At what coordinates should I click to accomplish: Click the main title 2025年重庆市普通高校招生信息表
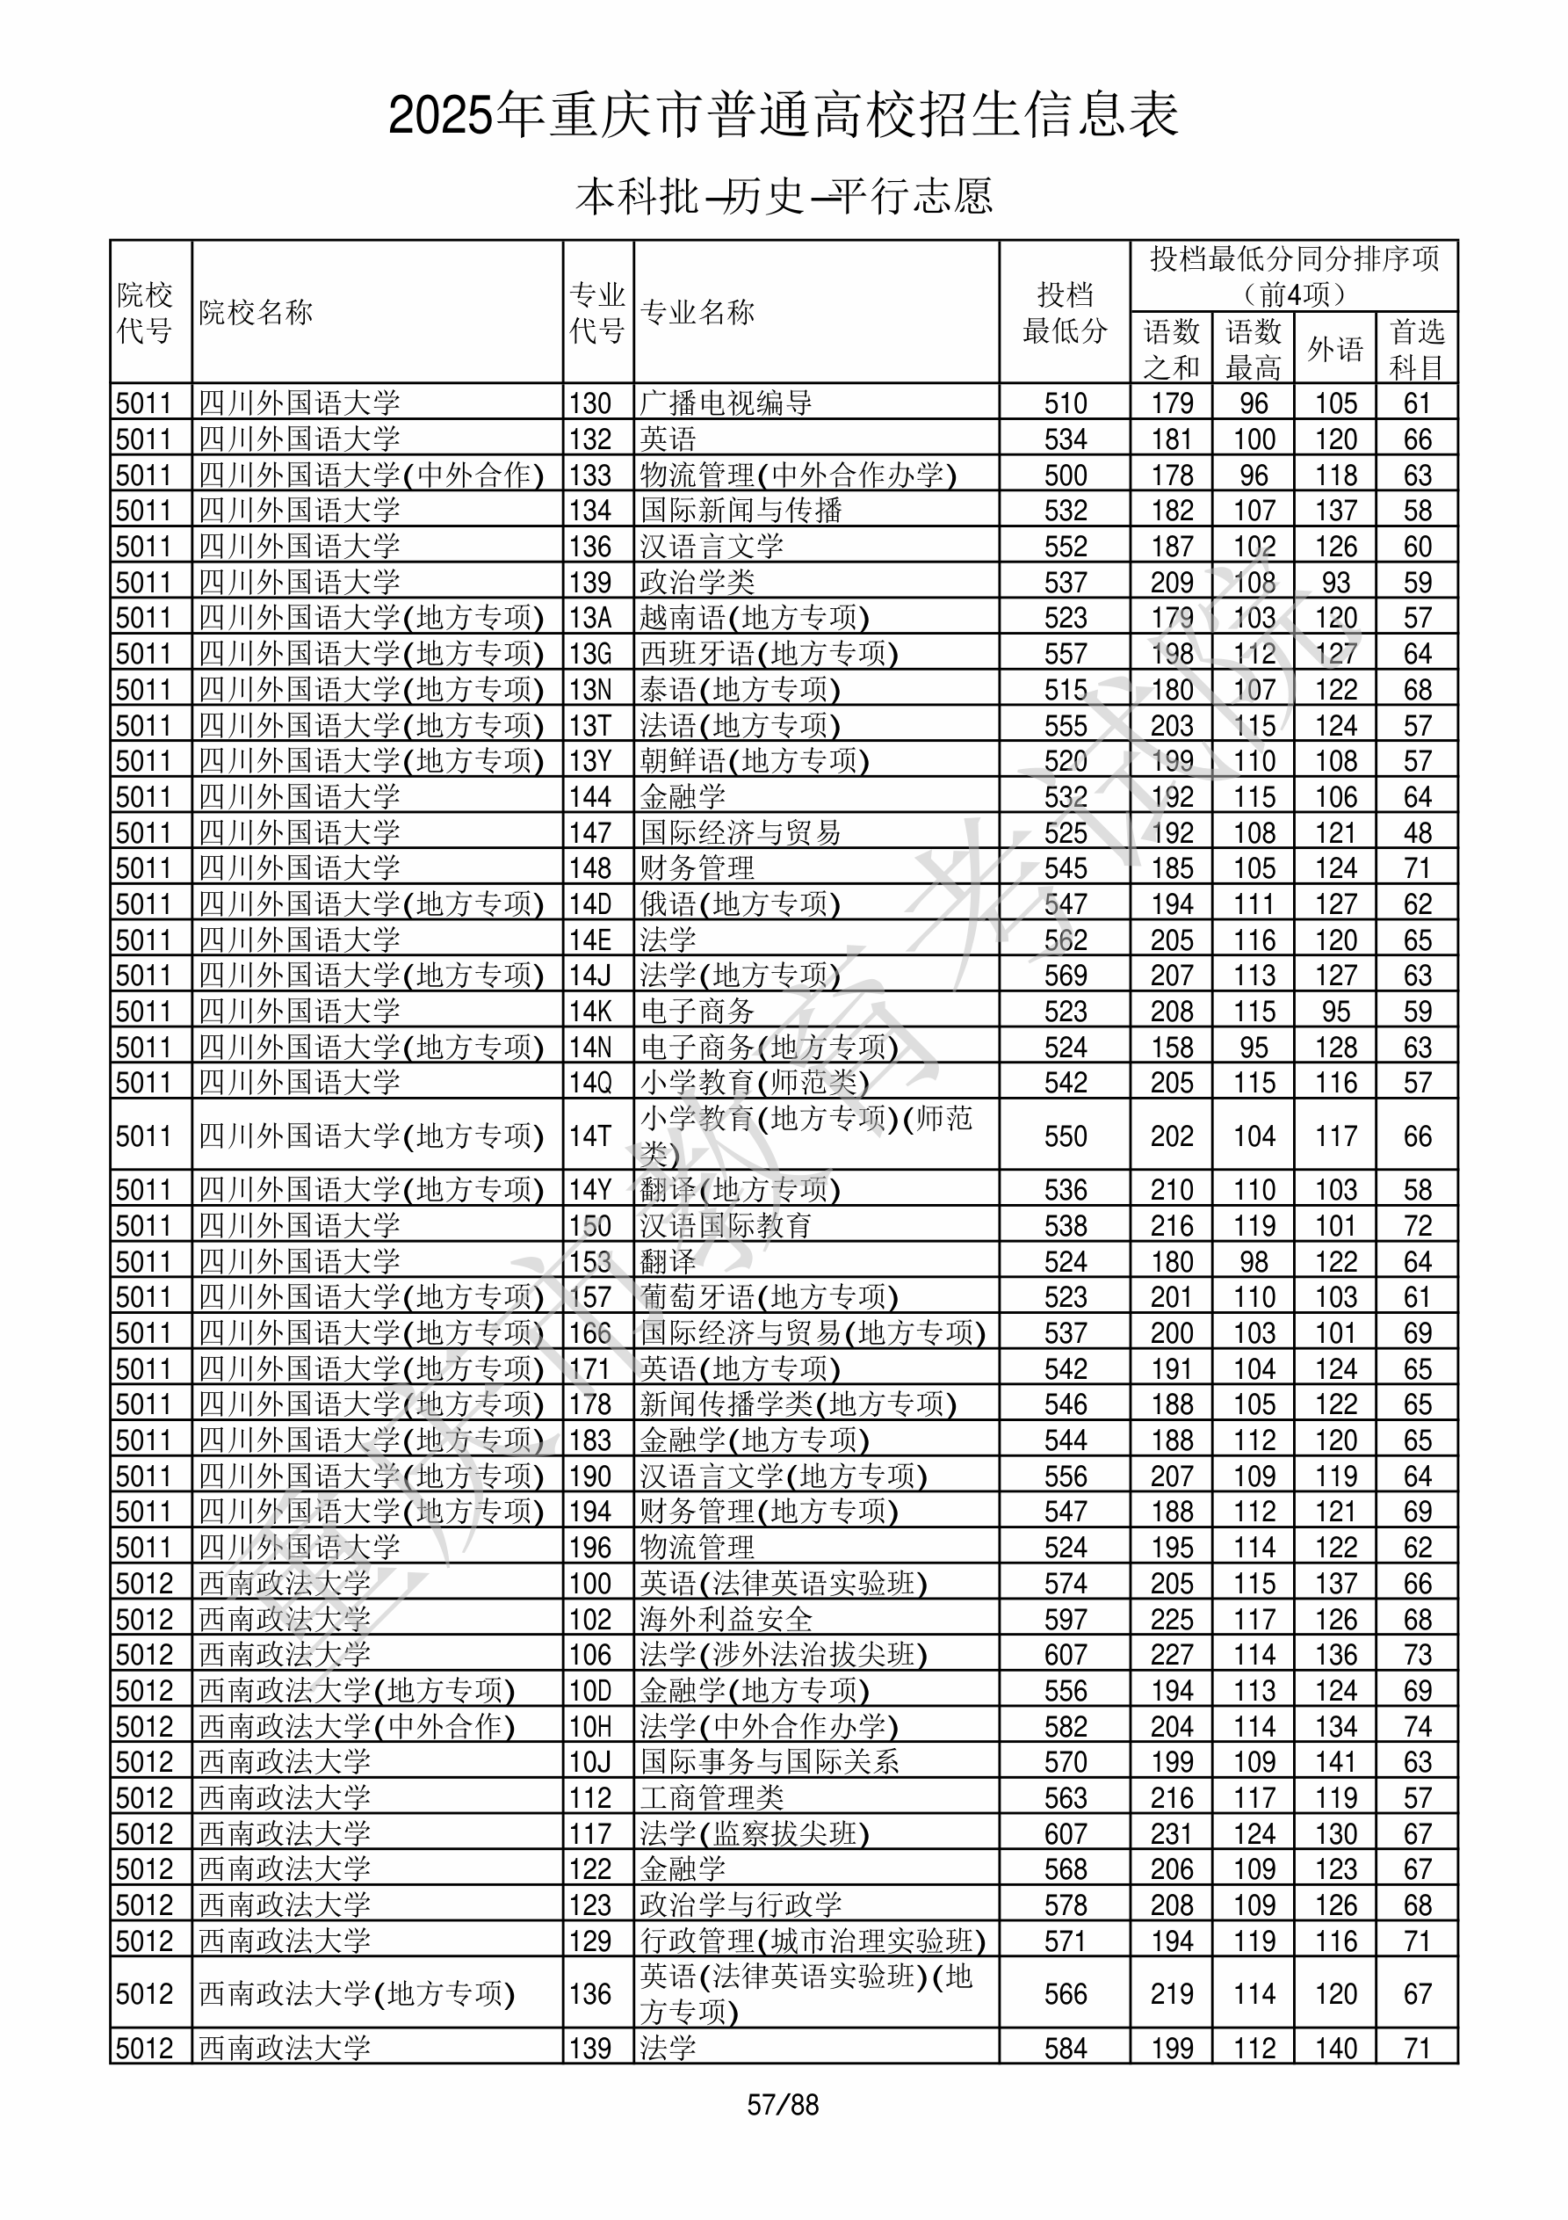click(783, 115)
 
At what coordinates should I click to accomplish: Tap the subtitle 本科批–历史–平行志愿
click(783, 196)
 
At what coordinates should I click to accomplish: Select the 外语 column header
click(1335, 348)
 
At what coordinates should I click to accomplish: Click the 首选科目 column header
click(1416, 348)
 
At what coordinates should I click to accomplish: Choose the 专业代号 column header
click(597, 311)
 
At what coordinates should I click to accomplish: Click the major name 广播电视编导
click(726, 403)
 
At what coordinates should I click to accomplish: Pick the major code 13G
click(590, 654)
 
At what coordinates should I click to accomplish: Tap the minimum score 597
click(1066, 1620)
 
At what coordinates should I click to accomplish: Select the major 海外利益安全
click(726, 1620)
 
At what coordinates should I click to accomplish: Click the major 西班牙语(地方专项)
click(770, 654)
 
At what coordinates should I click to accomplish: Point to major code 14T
click(590, 1135)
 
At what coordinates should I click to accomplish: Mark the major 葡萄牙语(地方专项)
click(770, 1296)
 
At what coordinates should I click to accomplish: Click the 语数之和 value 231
click(1172, 1834)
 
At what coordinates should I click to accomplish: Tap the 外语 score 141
click(1335, 1763)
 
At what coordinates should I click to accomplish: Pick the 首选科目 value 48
click(1417, 832)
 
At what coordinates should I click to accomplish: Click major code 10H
click(590, 1727)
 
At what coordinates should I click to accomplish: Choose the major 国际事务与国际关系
click(770, 1763)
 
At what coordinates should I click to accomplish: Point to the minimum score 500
click(1066, 475)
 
